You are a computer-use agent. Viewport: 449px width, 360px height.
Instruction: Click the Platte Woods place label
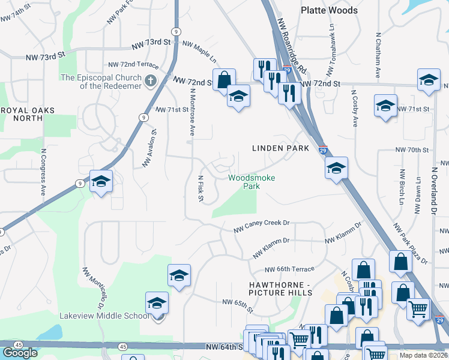point(329,10)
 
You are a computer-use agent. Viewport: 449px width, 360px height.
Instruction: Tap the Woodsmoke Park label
point(244,181)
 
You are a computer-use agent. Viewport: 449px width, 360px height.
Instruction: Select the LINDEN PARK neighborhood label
point(280,148)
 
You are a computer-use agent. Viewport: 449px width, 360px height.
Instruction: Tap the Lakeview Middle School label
point(104,316)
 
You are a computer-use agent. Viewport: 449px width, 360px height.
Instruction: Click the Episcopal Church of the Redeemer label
point(101,82)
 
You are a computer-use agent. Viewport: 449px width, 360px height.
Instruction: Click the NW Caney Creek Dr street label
point(261,226)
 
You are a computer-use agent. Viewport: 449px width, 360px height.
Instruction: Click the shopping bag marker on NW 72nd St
point(224,80)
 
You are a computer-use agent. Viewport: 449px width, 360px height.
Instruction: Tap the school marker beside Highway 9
point(101,181)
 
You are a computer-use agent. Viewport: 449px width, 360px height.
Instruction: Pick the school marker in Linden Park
point(336,168)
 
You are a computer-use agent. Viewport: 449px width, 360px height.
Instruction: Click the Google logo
point(20,353)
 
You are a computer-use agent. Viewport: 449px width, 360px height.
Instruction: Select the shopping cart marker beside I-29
point(418,310)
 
